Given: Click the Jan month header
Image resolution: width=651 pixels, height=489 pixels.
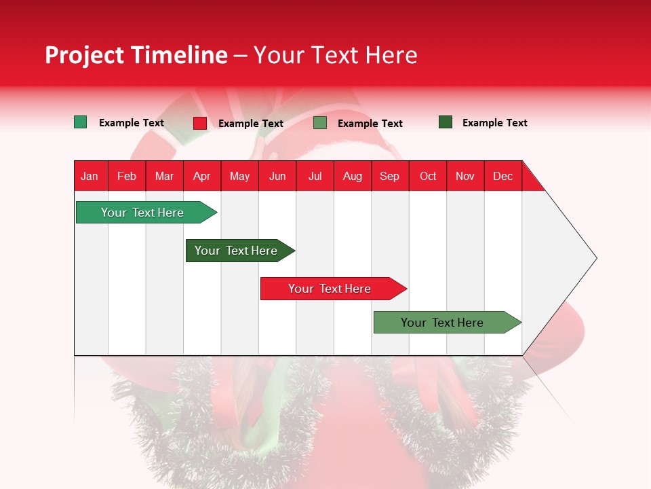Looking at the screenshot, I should coord(90,176).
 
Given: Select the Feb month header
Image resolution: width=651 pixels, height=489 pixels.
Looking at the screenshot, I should coord(127,176).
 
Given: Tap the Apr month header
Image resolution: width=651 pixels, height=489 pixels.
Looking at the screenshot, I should coord(201,176).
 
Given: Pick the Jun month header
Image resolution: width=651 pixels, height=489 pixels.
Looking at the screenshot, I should coord(277,176).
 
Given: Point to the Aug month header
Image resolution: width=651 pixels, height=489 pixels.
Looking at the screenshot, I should coord(352,176).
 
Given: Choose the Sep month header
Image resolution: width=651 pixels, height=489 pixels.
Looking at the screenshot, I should coord(389,176).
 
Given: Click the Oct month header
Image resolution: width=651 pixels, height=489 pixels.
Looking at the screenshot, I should coord(428,176).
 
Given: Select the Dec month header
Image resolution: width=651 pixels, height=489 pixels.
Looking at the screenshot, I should coord(502,176).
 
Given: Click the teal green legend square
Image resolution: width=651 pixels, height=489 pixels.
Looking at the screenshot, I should coord(80,122).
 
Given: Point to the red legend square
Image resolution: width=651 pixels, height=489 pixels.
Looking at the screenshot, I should coord(200,123).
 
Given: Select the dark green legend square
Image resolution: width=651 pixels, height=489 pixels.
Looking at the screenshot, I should coord(446,122).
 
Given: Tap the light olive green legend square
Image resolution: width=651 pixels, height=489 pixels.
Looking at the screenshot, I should coord(320,123).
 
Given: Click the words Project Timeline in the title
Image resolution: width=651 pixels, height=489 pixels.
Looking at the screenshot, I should coord(136,55).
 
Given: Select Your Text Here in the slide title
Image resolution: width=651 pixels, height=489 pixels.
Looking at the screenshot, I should coord(336,55).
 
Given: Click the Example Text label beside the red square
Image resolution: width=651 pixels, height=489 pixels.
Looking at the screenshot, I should coord(250,124).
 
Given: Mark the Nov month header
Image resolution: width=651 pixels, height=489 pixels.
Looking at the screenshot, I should coord(465,176).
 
